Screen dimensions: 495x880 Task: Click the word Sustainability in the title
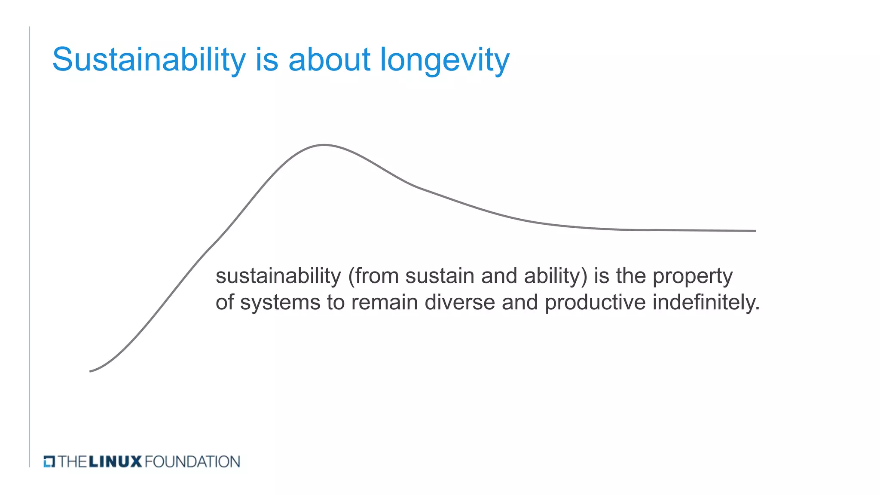click(x=149, y=59)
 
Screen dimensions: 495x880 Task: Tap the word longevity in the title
click(x=445, y=59)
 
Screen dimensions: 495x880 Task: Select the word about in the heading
click(x=329, y=59)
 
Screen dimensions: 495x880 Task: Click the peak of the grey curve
click(x=324, y=145)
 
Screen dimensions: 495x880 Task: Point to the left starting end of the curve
click(x=91, y=371)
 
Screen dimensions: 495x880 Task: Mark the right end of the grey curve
click(x=755, y=231)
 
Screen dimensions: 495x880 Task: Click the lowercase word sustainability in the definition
click(x=278, y=276)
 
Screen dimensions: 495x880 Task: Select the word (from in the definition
click(x=373, y=276)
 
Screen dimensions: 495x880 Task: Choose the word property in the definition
click(x=692, y=277)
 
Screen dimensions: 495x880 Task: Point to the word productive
click(x=595, y=302)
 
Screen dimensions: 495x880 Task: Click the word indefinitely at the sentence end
click(x=706, y=302)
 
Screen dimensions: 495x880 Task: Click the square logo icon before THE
click(x=49, y=461)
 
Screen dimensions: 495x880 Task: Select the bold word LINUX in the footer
click(x=115, y=461)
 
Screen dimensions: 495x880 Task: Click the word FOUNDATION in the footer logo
click(x=192, y=461)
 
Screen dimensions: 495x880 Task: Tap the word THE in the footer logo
click(x=73, y=461)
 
